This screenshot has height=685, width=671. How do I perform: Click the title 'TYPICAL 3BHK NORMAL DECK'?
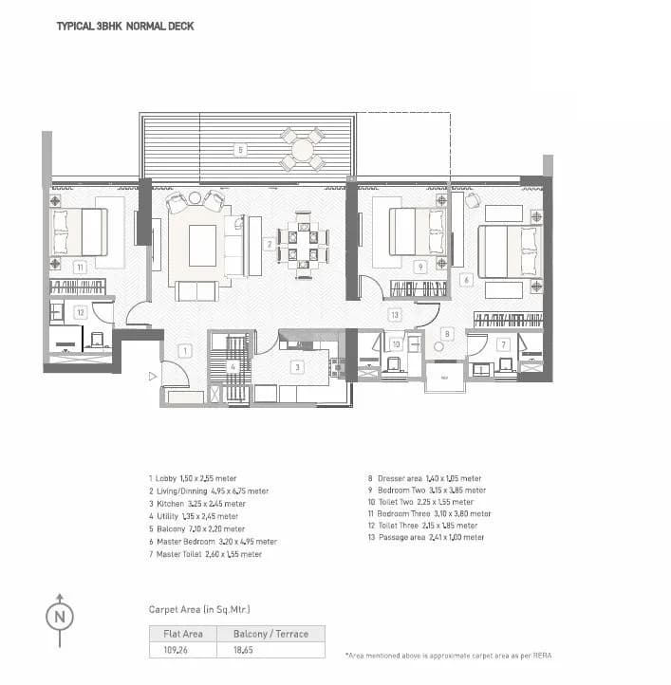click(x=125, y=27)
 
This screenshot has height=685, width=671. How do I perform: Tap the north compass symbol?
click(x=59, y=615)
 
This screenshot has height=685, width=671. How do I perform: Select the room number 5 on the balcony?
click(x=241, y=150)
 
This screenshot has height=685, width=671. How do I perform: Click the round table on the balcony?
click(x=303, y=149)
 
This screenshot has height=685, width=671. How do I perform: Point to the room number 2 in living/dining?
click(x=270, y=245)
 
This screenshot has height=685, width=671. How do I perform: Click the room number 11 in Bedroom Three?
click(x=81, y=268)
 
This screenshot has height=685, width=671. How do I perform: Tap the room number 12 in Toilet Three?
click(x=81, y=311)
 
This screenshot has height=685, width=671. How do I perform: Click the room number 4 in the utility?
click(x=233, y=367)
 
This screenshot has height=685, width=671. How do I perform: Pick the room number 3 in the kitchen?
click(x=297, y=367)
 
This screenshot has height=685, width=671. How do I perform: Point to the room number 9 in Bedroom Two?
click(x=419, y=268)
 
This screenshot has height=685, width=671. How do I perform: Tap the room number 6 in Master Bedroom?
click(x=465, y=280)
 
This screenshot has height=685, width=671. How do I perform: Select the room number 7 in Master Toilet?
click(x=503, y=344)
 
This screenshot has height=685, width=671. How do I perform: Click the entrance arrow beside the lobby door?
click(x=151, y=377)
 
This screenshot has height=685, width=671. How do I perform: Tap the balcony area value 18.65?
click(x=232, y=651)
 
